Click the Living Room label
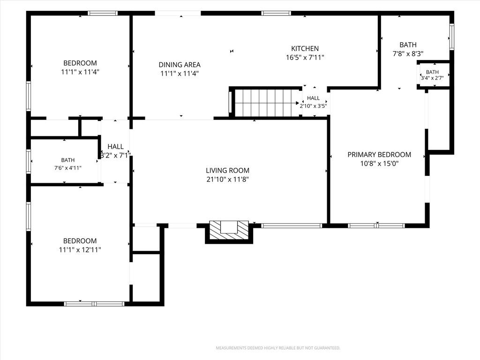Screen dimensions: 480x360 coord(227,171)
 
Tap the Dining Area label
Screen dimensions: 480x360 coord(180,65)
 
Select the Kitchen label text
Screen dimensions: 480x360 coord(305,48)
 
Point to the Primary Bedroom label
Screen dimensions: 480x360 coord(379,155)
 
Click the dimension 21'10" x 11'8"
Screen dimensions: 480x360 coord(227,180)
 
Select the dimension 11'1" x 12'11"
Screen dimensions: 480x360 coord(80,250)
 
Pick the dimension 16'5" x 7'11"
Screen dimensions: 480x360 coord(305,58)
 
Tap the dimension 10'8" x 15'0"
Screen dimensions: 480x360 coord(379,164)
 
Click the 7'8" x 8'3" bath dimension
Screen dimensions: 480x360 coord(408,54)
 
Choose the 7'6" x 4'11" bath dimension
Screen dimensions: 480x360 coord(67,168)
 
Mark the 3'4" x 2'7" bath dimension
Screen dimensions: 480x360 coord(432,78)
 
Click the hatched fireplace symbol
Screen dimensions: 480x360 coord(229,231)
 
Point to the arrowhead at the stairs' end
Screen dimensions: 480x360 coord(297,103)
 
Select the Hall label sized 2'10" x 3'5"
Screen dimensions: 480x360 coord(313,98)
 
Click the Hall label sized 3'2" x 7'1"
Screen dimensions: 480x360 coord(115,147)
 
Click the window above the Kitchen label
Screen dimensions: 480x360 coord(276,13)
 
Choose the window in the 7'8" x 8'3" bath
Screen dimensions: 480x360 coord(451,37)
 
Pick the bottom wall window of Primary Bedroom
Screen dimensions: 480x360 coord(376,226)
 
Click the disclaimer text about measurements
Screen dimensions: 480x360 coord(278,348)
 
